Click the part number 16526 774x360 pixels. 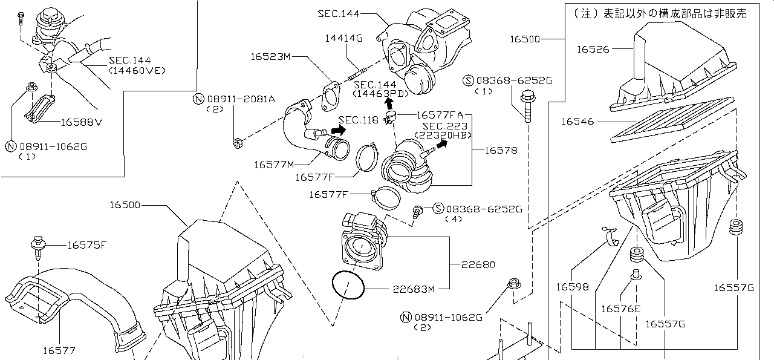tap(593, 50)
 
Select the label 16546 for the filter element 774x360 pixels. tap(577, 122)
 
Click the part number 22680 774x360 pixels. tap(477, 264)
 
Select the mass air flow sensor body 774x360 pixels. tap(363, 242)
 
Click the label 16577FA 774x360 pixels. tap(440, 114)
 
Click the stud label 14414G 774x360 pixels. tap(343, 38)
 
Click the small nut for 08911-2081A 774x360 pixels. tap(238, 143)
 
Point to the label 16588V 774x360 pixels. tap(81, 122)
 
